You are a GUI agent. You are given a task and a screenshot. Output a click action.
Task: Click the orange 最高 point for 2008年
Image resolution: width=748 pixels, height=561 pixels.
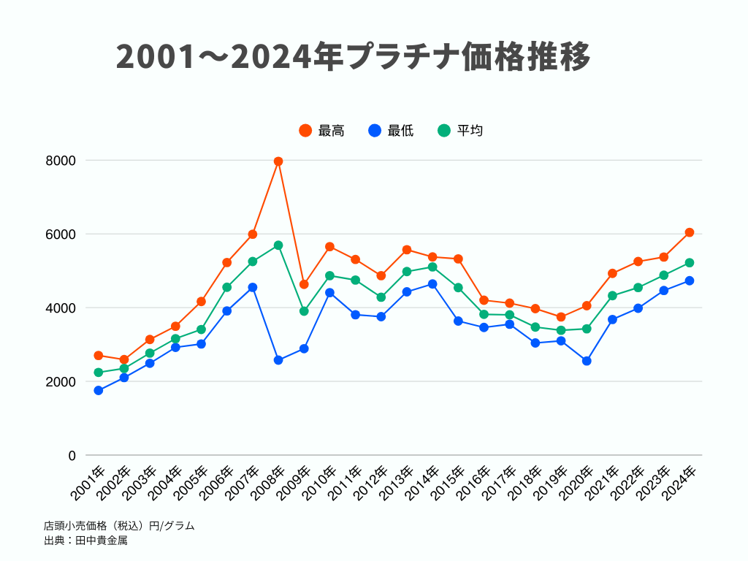[278, 161]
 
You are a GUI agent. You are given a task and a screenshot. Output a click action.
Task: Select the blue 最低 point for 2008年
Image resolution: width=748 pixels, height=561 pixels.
[278, 360]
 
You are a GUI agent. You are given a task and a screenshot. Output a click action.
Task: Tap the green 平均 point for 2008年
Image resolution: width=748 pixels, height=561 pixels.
[278, 245]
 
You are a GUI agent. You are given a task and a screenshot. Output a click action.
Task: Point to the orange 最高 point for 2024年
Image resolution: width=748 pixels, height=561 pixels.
[689, 232]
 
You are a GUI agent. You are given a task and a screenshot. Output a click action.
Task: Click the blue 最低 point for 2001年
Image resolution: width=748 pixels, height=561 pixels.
[99, 390]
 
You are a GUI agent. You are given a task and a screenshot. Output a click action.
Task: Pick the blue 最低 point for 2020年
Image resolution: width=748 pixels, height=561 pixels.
[587, 361]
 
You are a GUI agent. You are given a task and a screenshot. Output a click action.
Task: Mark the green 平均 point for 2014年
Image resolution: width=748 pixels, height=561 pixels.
[432, 267]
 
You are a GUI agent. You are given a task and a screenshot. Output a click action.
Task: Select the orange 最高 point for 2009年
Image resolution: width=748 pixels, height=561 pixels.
[304, 284]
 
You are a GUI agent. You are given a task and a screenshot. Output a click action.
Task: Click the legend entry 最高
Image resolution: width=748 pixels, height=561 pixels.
[321, 131]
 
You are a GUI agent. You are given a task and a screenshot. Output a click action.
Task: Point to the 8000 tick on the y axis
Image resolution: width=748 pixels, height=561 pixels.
[61, 160]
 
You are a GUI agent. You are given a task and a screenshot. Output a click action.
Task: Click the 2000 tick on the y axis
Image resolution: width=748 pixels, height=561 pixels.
[61, 381]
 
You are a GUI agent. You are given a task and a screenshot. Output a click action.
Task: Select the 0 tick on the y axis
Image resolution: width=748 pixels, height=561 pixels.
[72, 455]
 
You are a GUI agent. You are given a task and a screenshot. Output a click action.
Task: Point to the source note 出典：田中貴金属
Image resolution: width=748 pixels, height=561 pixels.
[86, 541]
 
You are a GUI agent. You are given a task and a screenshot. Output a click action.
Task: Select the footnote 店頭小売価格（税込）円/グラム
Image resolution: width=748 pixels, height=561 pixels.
[119, 525]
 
